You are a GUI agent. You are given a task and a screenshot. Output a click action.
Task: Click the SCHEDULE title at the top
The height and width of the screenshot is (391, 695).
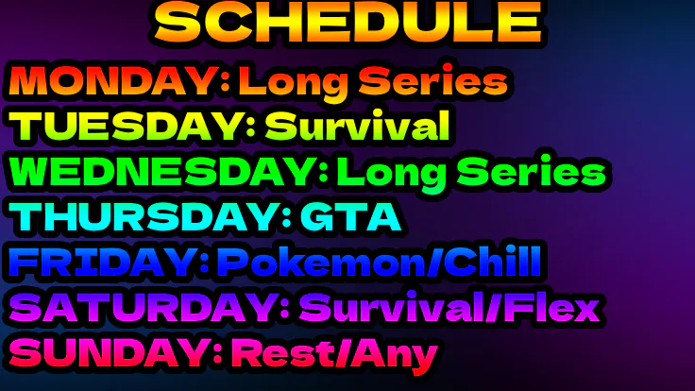(348, 22)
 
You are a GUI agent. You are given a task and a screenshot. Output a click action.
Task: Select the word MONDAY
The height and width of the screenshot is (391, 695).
(113, 81)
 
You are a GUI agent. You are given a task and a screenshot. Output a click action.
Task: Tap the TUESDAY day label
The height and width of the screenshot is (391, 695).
(126, 126)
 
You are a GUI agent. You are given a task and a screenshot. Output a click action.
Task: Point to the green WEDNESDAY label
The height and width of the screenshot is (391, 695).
(161, 172)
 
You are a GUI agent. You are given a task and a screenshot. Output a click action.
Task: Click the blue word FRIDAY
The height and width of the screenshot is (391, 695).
(101, 262)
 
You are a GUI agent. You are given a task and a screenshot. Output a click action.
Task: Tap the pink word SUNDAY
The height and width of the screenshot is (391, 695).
(110, 353)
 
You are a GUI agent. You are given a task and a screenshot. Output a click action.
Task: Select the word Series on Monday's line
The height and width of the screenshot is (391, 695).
(433, 80)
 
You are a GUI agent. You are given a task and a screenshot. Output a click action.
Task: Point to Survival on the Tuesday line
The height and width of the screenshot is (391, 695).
(358, 125)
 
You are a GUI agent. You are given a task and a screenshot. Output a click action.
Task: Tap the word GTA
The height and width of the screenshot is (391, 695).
(351, 217)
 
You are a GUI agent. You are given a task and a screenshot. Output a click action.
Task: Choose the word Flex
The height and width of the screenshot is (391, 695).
(551, 307)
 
